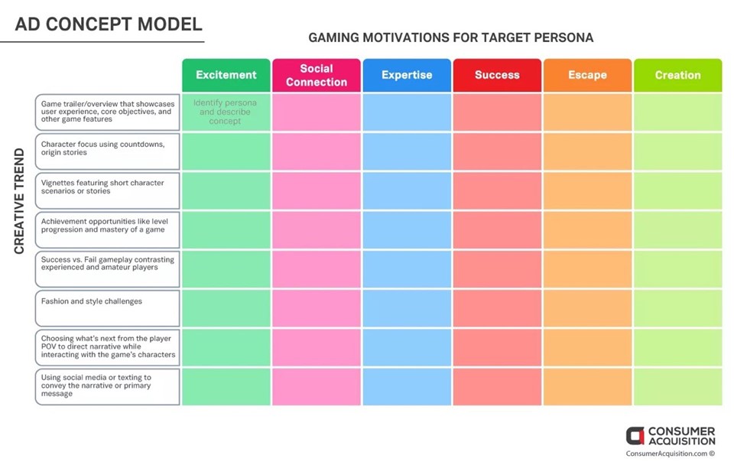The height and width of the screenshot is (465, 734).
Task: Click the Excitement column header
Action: tap(226, 75)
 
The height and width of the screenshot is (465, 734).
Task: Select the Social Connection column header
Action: tap(317, 75)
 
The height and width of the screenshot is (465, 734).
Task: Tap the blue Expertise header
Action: tap(407, 75)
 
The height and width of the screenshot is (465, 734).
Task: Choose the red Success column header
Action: tap(497, 75)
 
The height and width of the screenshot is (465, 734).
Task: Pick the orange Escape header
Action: tap(587, 75)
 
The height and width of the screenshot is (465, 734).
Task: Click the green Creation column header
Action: tap(678, 75)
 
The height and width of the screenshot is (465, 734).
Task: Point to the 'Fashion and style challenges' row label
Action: tap(107, 308)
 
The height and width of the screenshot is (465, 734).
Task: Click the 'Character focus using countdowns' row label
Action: tap(107, 151)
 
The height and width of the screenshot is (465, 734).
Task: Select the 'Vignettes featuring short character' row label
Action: tap(107, 190)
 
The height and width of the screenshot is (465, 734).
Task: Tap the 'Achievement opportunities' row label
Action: tap(107, 230)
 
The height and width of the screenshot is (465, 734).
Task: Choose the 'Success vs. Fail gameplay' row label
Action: tap(107, 269)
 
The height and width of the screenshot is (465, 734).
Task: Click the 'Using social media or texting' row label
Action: tap(107, 387)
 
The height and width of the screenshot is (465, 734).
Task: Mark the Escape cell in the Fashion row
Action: tap(587, 308)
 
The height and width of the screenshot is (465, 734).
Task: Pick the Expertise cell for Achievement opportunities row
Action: tap(407, 230)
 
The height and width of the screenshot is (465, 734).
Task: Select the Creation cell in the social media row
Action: tap(678, 387)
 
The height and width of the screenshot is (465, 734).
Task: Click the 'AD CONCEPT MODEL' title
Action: tap(109, 24)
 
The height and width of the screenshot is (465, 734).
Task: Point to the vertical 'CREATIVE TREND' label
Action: tap(19, 201)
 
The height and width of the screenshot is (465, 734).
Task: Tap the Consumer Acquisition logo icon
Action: tap(635, 436)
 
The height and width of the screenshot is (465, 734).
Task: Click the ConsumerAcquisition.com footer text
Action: tap(670, 454)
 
